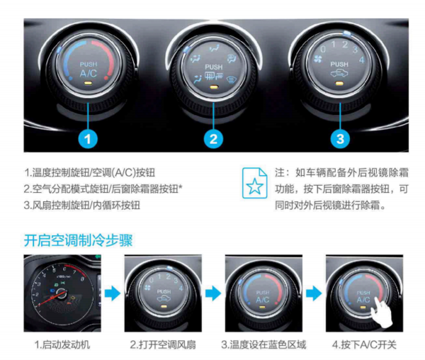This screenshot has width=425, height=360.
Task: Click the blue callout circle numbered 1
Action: point(88,139)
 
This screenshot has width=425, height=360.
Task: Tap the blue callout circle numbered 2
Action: point(213,139)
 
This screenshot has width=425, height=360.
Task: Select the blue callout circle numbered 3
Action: point(340,139)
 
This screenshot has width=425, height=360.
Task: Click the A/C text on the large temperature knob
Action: point(88,74)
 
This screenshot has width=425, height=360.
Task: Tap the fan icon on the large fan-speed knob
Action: point(318,59)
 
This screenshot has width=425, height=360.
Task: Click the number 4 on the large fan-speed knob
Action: point(361,60)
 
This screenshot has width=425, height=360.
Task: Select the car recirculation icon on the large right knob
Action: point(339,74)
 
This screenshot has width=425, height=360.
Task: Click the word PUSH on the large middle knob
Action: point(214,67)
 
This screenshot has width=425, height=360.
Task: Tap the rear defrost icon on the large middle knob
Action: point(214,76)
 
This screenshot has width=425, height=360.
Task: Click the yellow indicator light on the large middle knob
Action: point(214,87)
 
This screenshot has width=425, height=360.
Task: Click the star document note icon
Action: point(254,183)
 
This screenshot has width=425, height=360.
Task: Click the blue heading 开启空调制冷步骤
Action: point(79,240)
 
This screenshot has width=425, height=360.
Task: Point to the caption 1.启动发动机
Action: point(62,345)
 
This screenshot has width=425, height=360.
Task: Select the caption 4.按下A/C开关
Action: point(364,345)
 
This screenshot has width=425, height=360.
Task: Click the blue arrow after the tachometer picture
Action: point(112,293)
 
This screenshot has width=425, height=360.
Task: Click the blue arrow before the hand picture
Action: point(314,293)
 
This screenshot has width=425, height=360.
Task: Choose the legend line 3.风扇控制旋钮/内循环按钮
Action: point(82,206)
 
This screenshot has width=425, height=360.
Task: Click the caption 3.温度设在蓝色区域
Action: point(263,345)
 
